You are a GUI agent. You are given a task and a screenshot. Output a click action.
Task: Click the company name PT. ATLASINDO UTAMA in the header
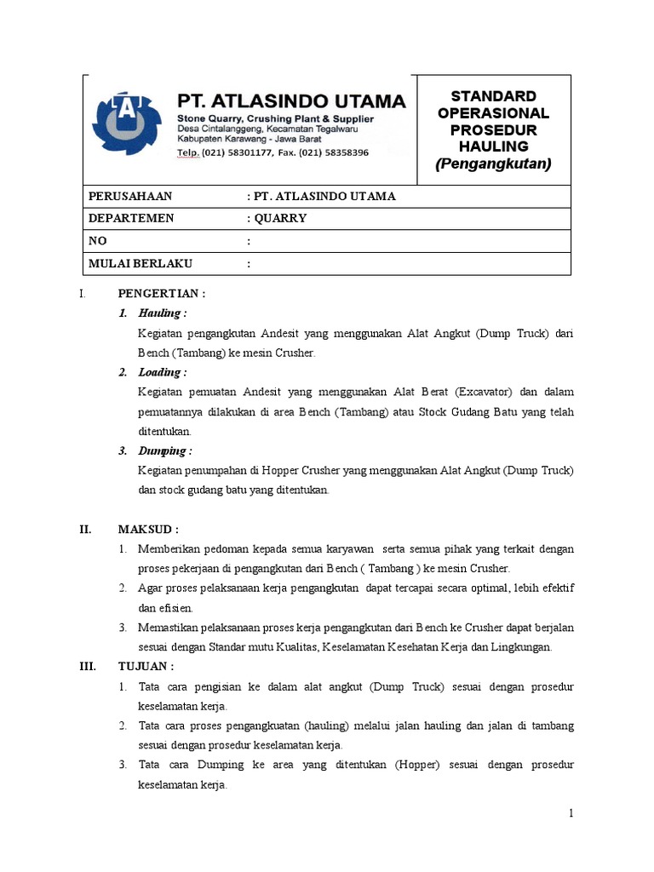290,101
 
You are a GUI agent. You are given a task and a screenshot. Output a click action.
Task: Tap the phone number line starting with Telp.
272,153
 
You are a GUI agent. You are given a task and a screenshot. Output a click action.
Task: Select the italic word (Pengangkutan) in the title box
493,163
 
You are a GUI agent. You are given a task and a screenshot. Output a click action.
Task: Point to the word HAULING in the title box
493,146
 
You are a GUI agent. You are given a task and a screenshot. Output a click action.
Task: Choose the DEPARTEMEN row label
131,218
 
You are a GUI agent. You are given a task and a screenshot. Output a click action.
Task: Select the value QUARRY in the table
279,218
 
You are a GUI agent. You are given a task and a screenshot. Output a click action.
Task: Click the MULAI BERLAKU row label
141,264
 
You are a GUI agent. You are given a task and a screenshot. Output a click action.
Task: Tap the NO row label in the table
98,241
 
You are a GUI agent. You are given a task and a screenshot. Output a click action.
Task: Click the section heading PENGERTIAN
162,294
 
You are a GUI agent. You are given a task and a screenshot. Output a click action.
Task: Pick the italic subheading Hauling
162,313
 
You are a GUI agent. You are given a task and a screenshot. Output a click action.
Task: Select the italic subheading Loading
163,372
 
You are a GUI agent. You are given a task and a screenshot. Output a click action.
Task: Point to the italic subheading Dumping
165,450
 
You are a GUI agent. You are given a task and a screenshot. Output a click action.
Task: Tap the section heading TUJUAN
146,666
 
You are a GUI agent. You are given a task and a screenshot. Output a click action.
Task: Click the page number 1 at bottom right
573,813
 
